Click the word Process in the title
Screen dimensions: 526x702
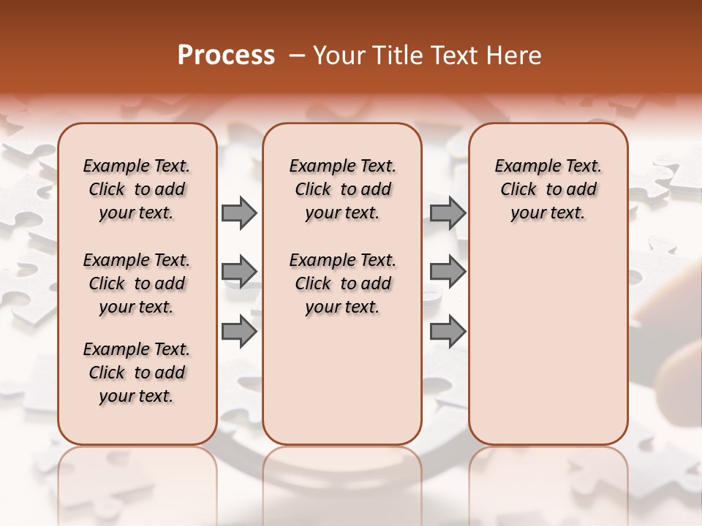click(227, 56)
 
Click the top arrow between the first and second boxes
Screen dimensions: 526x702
click(239, 213)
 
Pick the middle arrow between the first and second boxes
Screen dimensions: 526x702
click(239, 272)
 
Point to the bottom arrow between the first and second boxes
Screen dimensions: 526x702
click(239, 332)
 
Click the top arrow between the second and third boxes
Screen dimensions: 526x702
click(448, 213)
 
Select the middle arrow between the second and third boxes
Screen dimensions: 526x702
click(448, 272)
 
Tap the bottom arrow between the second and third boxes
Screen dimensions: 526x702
click(448, 332)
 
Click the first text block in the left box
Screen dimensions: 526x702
click(137, 189)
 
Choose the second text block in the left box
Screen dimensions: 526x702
click(137, 283)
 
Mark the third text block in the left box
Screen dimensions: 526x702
click(137, 373)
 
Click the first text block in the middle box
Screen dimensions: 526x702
click(343, 189)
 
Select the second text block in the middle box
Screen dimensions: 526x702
click(343, 283)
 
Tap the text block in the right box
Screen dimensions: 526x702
click(548, 189)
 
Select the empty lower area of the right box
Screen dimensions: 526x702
click(548, 336)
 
